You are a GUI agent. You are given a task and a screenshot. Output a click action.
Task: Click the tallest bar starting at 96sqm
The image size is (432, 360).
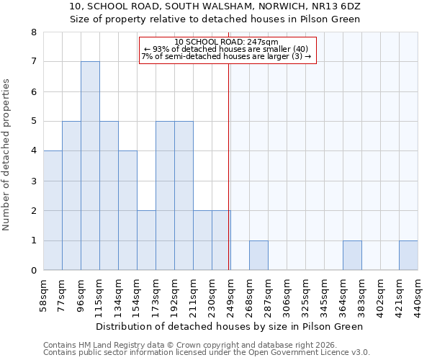tap(90, 166)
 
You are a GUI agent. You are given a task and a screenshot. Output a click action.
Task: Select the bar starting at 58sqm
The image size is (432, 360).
tap(53, 210)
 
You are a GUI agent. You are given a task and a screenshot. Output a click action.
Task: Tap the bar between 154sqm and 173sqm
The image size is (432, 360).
tap(146, 240)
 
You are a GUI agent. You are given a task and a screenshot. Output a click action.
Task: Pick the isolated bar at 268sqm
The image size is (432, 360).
tap(258, 256)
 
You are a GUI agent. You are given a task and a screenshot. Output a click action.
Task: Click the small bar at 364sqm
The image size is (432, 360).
tap(352, 256)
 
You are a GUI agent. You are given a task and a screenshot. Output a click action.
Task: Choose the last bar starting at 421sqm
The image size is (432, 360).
tap(408, 256)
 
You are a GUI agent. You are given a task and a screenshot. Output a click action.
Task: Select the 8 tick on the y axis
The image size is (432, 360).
tap(33, 32)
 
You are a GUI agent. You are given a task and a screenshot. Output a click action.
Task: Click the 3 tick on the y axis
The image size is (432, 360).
tap(33, 181)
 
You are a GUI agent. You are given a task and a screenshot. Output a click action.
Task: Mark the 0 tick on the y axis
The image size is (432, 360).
tap(33, 271)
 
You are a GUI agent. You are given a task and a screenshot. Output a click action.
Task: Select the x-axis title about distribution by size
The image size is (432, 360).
tap(229, 326)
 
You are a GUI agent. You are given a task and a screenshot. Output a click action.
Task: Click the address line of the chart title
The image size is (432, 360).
tap(215, 6)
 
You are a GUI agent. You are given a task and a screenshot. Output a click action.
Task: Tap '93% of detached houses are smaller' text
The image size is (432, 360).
tap(226, 49)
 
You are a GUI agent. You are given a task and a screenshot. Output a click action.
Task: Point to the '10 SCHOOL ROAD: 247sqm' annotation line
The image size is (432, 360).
tap(226, 42)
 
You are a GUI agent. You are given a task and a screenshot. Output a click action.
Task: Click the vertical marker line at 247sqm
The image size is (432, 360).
tap(229, 166)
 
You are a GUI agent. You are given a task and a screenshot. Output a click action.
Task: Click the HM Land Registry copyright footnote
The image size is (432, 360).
tap(207, 345)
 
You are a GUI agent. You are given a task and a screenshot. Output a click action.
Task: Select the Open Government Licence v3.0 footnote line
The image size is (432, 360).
tap(207, 353)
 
